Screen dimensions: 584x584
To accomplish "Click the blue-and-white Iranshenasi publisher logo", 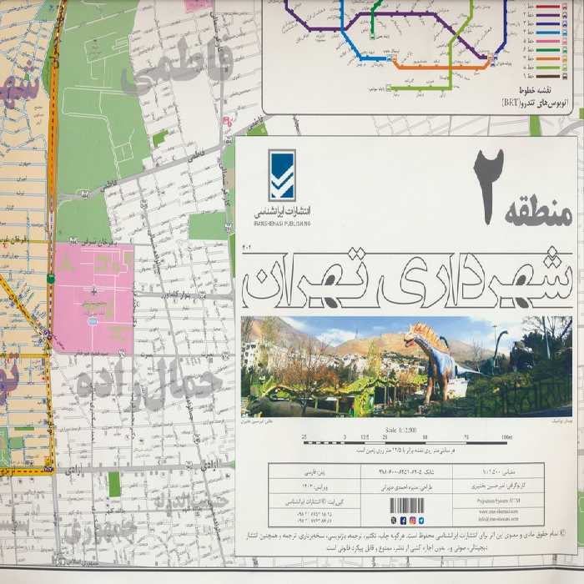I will pos(282,175).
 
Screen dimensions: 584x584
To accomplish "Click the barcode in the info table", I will pos(407,505).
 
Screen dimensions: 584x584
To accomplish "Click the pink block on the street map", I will pos(93,296).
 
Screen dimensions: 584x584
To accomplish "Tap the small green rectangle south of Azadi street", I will pos(114,484).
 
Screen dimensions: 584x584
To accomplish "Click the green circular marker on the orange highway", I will pos(51,278).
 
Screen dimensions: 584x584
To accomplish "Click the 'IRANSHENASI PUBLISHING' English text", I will pos(282,224).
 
